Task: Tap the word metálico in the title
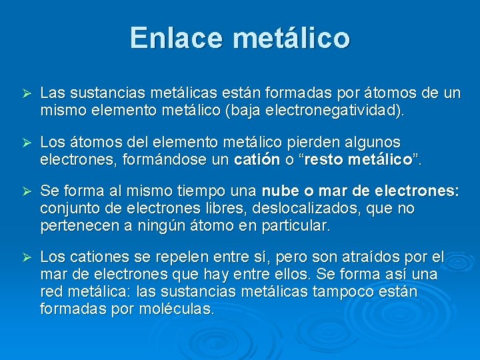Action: (291, 38)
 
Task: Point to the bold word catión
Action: (257, 160)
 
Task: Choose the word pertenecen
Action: (78, 226)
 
